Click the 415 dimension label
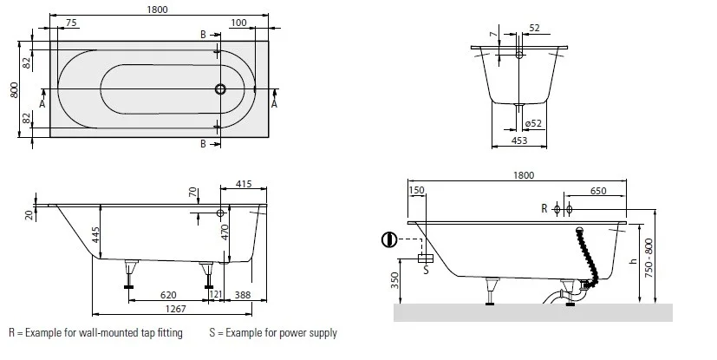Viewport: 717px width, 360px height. (x=244, y=185)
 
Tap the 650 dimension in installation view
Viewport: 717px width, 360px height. (x=598, y=191)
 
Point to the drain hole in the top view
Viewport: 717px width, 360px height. (x=220, y=88)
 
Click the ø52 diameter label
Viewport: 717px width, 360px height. (x=533, y=124)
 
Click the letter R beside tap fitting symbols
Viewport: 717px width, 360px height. (x=544, y=209)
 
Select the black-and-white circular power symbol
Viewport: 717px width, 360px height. (x=389, y=239)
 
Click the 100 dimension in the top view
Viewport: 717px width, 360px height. (x=239, y=23)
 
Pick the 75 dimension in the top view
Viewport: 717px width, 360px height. (x=72, y=23)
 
